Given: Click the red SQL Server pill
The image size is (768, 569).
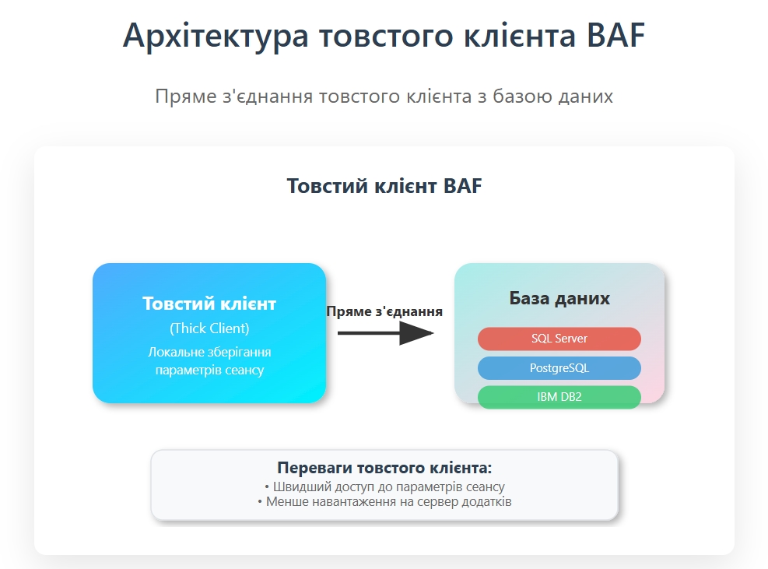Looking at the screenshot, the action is click(x=559, y=339).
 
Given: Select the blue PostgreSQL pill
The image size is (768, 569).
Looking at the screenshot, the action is click(x=559, y=368).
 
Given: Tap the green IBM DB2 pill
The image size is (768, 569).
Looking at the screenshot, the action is click(x=559, y=397).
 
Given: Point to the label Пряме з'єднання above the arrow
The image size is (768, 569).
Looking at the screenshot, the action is click(x=384, y=311).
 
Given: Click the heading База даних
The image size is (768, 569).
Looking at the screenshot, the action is click(x=559, y=298).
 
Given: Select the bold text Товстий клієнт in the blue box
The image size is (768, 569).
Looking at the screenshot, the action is click(x=209, y=304).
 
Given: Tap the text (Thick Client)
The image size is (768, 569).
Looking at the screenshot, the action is click(x=209, y=328).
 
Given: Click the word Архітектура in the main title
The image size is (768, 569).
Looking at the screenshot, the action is click(x=216, y=35).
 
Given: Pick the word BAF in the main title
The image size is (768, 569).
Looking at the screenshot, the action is click(x=615, y=35).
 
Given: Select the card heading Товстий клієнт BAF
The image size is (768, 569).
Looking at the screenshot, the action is click(x=384, y=186).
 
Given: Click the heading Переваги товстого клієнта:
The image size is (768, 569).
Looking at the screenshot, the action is click(x=384, y=468).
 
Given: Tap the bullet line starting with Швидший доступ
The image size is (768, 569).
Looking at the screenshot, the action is click(x=384, y=486).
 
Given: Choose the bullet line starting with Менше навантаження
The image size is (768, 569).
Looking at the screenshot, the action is click(x=384, y=502).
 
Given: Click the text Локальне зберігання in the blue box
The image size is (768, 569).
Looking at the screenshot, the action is click(x=209, y=353).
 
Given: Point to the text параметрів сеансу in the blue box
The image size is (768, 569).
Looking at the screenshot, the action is click(x=209, y=370).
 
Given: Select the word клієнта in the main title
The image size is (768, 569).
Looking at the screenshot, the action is click(x=520, y=35).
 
